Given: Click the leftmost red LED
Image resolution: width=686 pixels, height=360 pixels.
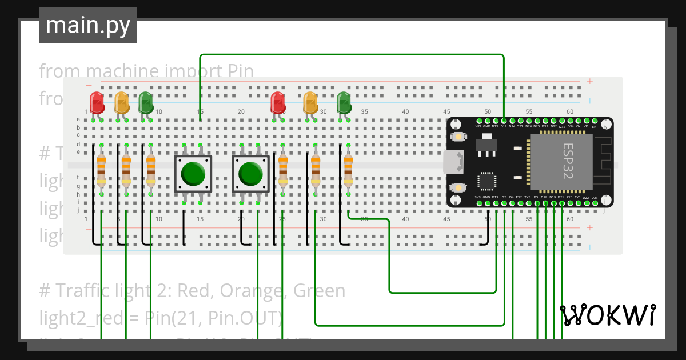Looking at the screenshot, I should pyautogui.click(x=97, y=102).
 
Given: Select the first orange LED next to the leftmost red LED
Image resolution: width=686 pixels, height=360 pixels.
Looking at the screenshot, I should pyautogui.click(x=122, y=102).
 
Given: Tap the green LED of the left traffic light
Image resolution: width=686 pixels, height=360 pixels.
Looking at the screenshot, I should pyautogui.click(x=146, y=102).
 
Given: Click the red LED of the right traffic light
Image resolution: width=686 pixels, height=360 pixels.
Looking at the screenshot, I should pyautogui.click(x=278, y=102).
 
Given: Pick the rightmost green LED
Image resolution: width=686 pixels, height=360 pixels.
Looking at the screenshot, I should pyautogui.click(x=344, y=102).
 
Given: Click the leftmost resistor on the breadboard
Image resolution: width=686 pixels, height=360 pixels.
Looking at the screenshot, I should pyautogui.click(x=101, y=169).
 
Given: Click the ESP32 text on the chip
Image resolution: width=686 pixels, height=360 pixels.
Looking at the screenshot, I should pyautogui.click(x=567, y=162).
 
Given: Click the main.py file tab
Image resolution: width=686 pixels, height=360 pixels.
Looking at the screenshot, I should pyautogui.click(x=88, y=25).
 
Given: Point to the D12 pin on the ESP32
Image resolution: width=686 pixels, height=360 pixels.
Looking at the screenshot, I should pyautogui.click(x=504, y=121).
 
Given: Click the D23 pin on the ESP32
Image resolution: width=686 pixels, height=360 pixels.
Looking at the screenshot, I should pyautogui.click(x=595, y=203).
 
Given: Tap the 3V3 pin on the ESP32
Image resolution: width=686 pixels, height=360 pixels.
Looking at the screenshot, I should pyautogui.click(x=478, y=203).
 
